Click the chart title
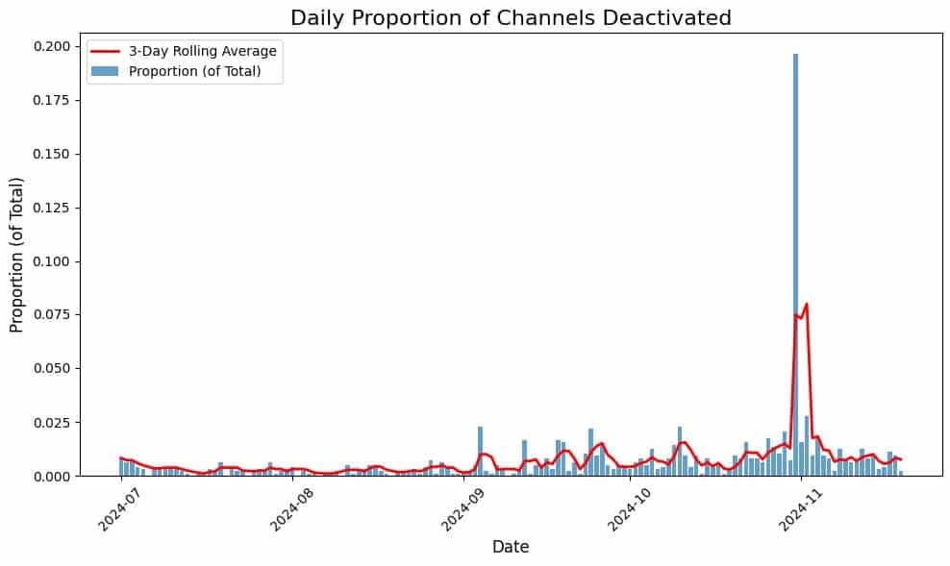511,17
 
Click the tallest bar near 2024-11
795,259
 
